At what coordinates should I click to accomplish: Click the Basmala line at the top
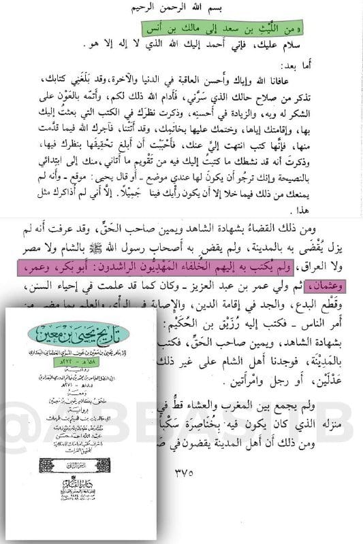click(182, 15)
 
